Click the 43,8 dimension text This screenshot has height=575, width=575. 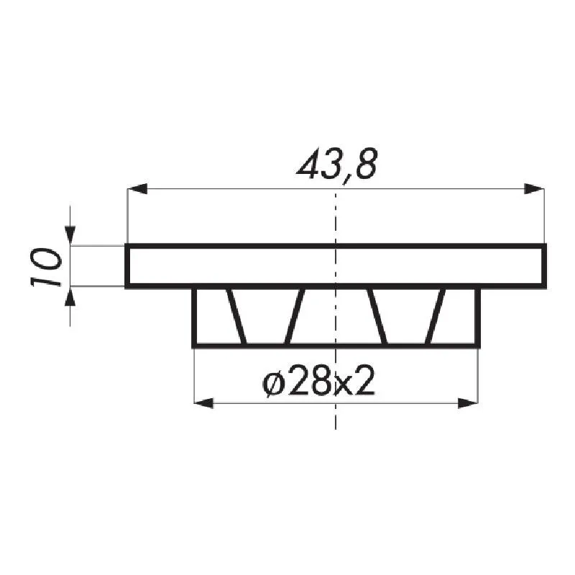pyautogui.click(x=336, y=165)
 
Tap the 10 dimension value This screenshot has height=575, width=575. pyautogui.click(x=45, y=267)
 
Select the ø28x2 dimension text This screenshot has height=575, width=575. pyautogui.click(x=319, y=382)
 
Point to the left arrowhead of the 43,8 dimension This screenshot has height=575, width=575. pyautogui.click(x=137, y=189)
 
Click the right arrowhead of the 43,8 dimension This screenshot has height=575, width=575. pyautogui.click(x=534, y=189)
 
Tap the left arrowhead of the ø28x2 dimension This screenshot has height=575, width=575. pyautogui.click(x=204, y=403)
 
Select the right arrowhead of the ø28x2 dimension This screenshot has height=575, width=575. pyautogui.click(x=468, y=403)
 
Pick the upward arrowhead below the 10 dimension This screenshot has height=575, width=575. pyautogui.click(x=70, y=296)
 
